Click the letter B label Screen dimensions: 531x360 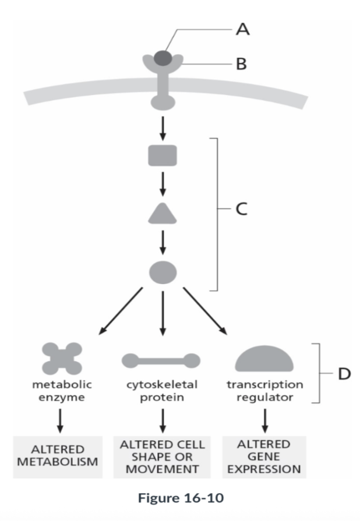(x=241, y=63)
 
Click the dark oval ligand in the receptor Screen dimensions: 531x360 (x=163, y=58)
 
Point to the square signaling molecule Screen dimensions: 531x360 (x=163, y=155)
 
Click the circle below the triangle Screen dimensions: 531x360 (x=163, y=271)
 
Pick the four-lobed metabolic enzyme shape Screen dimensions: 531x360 (x=62, y=358)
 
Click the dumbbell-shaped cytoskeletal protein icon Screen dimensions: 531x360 (x=161, y=361)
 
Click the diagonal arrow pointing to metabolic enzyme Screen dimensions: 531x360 (x=121, y=311)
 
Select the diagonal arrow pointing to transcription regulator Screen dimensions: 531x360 (x=205, y=311)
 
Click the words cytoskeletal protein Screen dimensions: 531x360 (x=161, y=391)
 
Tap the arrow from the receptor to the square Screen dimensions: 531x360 (x=163, y=126)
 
